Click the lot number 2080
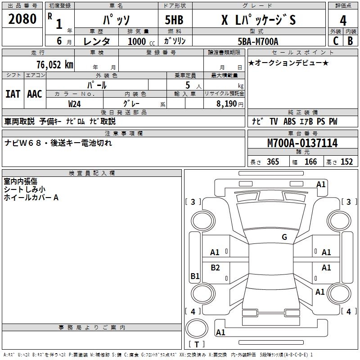point(22,19)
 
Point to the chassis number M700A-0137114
point(302,144)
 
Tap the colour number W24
point(75,103)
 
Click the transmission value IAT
point(13,94)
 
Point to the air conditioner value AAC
point(35,94)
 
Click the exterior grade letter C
point(335,41)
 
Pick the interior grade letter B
point(350,41)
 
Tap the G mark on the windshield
point(284,237)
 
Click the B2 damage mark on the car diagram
point(216,268)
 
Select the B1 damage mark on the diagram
point(195,276)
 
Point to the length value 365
point(272,162)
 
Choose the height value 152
point(346,162)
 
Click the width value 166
point(310,162)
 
